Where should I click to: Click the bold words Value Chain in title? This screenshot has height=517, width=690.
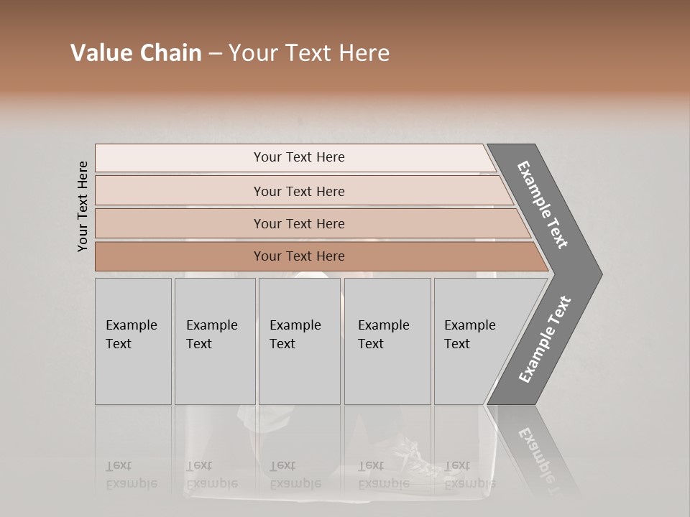click(136, 53)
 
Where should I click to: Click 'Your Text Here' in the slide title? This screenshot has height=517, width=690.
click(309, 53)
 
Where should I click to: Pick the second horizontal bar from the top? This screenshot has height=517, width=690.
click(298, 191)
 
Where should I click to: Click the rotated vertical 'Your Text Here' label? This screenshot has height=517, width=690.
click(83, 206)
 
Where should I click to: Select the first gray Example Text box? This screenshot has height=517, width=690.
click(133, 341)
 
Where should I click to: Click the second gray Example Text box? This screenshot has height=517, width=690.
click(215, 341)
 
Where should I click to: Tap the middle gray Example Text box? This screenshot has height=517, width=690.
click(300, 341)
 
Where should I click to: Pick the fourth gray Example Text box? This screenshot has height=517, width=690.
click(387, 341)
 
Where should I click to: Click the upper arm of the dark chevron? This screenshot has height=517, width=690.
click(543, 205)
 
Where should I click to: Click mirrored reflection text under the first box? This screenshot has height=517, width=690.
click(131, 475)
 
